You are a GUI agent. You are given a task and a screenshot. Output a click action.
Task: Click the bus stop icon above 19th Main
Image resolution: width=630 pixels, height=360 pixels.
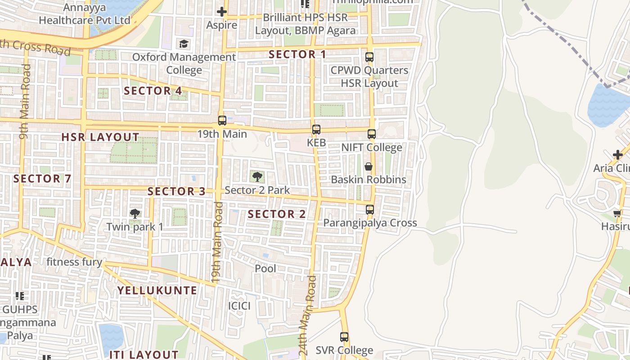[x=222, y=121]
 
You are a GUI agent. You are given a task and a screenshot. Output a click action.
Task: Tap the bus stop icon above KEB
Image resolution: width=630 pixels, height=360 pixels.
[x=316, y=130]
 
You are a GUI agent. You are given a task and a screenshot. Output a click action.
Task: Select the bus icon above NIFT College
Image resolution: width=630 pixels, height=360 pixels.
[x=371, y=134]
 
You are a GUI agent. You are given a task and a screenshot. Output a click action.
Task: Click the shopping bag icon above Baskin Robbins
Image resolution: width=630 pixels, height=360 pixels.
[x=368, y=166]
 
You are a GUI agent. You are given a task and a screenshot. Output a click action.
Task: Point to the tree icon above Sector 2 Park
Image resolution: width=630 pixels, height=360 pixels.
[x=257, y=176]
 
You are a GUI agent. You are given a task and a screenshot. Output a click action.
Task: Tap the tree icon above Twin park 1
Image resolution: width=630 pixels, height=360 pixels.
[x=135, y=213]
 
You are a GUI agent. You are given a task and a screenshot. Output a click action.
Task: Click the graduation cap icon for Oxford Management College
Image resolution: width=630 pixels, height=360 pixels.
[x=184, y=44]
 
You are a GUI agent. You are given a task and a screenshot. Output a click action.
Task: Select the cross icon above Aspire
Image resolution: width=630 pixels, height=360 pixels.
[x=221, y=12]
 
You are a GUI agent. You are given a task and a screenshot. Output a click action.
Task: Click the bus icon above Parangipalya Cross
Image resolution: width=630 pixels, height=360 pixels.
[x=369, y=210]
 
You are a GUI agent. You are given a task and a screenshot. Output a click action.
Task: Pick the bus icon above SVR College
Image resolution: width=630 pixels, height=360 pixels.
[x=344, y=337]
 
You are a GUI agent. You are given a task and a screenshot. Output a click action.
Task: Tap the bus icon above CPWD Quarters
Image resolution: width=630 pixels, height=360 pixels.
[x=369, y=57]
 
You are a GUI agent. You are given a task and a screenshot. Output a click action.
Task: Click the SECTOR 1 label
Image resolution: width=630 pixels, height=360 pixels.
[x=297, y=54]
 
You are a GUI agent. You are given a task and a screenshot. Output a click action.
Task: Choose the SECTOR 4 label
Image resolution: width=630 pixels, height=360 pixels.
[x=153, y=91]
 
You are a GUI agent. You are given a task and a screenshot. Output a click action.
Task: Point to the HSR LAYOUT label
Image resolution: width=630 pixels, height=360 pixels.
[x=100, y=137]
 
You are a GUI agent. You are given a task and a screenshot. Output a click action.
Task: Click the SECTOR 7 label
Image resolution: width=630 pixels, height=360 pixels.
[x=42, y=179]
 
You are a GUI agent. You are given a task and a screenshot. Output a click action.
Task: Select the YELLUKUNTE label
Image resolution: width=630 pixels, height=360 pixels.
[x=157, y=291]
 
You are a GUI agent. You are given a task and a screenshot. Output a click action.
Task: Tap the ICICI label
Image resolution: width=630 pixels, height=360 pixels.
[x=239, y=306]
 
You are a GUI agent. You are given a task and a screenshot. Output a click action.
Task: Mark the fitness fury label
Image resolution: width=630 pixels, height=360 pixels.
[x=74, y=262]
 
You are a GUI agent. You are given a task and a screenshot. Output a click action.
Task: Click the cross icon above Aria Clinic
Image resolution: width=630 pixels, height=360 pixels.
[x=617, y=155]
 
